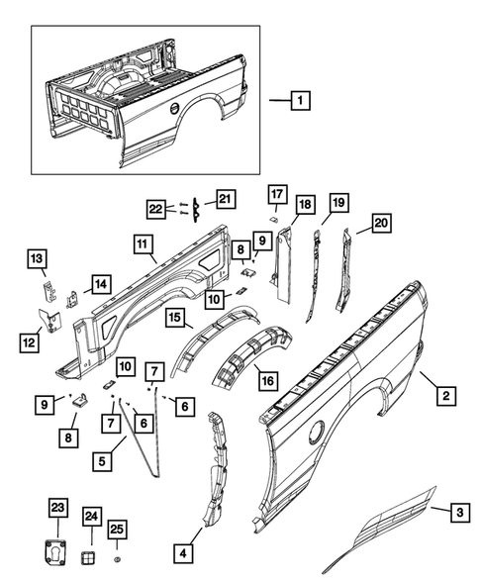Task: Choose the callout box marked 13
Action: coord(37,259)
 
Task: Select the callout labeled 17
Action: coord(277,193)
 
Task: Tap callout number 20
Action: coord(380,224)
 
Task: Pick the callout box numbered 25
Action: coord(116,531)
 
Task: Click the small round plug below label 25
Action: coord(116,560)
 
